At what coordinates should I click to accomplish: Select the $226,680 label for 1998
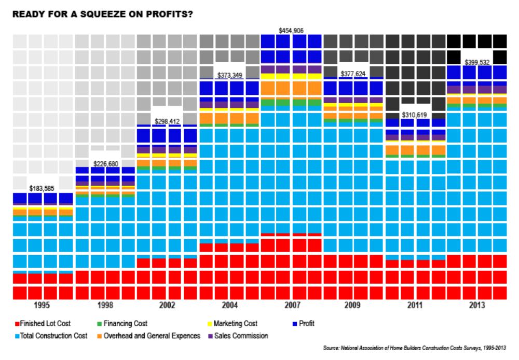[106, 164]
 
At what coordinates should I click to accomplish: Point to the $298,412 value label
[167, 121]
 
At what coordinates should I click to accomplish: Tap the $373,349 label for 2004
[229, 76]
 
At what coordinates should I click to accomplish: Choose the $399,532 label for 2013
[477, 62]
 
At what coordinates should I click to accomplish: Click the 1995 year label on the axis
[43, 306]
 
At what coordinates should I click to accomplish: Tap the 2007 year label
[291, 306]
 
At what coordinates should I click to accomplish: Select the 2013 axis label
[477, 306]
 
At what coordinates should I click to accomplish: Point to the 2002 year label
[167, 306]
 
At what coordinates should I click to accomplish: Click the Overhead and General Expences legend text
[152, 336]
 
